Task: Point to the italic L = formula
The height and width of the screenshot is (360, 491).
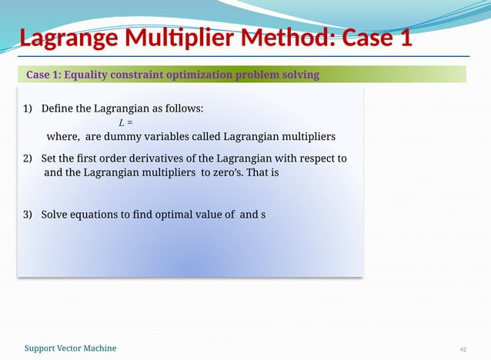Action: (x=125, y=123)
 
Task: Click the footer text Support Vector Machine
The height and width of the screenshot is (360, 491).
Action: (x=71, y=348)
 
